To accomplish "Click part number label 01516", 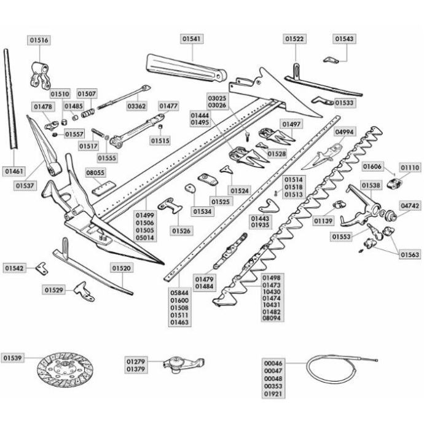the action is [39, 40].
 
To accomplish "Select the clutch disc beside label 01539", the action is [65, 369].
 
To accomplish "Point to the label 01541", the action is [192, 39].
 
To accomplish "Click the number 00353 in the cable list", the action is [273, 386].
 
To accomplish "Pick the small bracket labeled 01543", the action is [331, 60].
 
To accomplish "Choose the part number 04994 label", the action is [344, 132].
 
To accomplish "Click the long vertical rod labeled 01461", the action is [10, 99].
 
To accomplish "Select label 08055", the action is [95, 173].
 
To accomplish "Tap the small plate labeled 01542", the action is [42, 269].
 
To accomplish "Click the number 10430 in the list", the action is [272, 292].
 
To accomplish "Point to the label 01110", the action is [410, 168].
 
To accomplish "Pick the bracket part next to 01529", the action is [84, 292].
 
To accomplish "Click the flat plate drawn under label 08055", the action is [104, 189].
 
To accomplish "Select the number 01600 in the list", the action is [179, 300].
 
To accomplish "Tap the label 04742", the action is [410, 206].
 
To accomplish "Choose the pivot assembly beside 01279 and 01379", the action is [184, 364].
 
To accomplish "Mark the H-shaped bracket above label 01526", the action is [170, 206].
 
